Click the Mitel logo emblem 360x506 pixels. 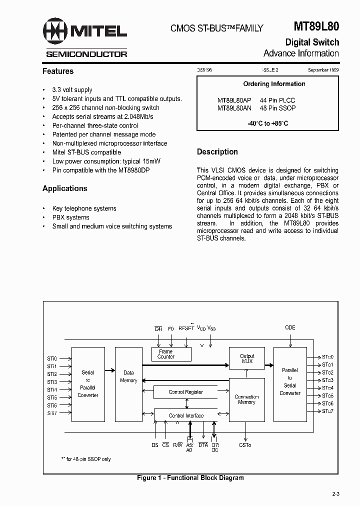tap(55, 31)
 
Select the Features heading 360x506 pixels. tap(58, 71)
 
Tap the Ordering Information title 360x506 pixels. tap(274, 84)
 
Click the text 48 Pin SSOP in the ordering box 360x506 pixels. tap(278, 108)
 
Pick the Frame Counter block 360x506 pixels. tap(166, 354)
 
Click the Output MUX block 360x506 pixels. tap(247, 358)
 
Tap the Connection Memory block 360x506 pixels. tap(246, 399)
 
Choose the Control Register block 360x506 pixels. tap(185, 392)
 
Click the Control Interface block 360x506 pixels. tap(186, 415)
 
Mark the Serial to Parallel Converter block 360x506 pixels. tap(88, 384)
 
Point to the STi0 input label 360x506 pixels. tap(52, 358)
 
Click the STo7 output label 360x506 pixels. tap(327, 411)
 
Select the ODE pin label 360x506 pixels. tap(290, 327)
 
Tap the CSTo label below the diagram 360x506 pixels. tap(245, 444)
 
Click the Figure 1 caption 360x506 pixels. tap(190, 478)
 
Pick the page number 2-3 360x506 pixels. tap(335, 494)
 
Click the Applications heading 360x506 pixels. tap(65, 188)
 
